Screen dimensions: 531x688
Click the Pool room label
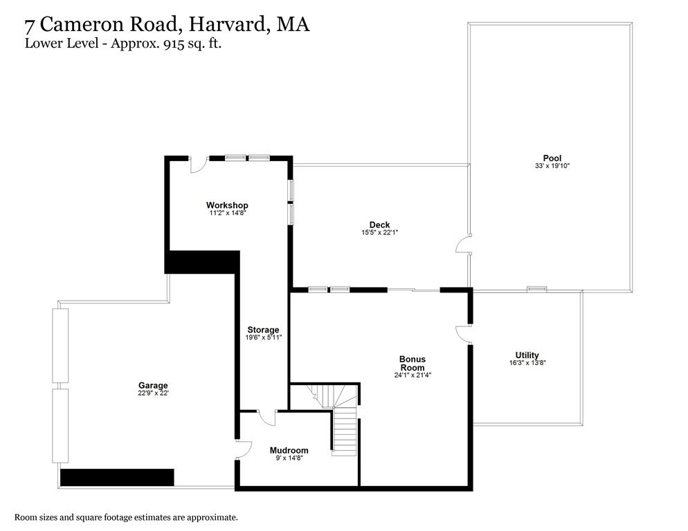tap(552, 158)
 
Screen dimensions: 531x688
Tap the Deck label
tap(379, 225)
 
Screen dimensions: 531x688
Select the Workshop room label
tap(227, 205)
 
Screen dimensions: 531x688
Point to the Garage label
tap(153, 386)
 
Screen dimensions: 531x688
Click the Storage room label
tap(263, 330)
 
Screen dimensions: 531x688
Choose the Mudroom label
tap(289, 450)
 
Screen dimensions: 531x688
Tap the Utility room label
tap(527, 355)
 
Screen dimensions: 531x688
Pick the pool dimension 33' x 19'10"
tap(552, 166)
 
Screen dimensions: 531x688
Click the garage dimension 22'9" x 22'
tap(153, 393)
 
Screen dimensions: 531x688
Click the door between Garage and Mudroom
tap(241, 449)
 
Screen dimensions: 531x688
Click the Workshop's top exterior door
tap(198, 165)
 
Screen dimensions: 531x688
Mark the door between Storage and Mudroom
tap(266, 416)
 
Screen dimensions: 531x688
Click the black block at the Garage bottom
tap(116, 477)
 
